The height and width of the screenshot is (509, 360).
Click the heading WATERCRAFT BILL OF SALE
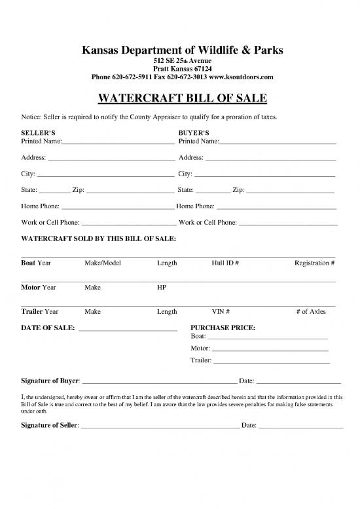(x=180, y=99)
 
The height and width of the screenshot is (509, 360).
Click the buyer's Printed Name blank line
(x=278, y=141)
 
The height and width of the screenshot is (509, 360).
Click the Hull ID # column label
(x=225, y=263)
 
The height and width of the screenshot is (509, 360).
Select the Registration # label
(x=315, y=263)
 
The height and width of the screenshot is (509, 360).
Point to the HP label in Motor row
(x=162, y=288)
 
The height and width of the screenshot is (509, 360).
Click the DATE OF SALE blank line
(x=128, y=329)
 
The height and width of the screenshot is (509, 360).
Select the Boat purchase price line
(x=267, y=338)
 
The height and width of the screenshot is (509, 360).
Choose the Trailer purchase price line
(x=272, y=362)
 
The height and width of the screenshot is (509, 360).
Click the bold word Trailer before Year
(x=32, y=312)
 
